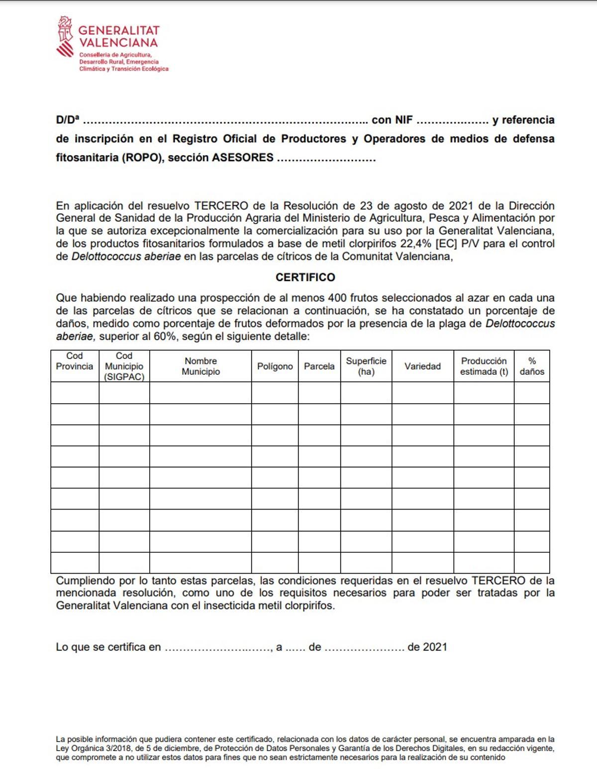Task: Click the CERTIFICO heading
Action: click(305, 277)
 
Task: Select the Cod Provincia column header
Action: click(75, 361)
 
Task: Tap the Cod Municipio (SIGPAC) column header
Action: click(124, 366)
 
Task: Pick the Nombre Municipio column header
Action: click(200, 366)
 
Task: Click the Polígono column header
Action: click(275, 366)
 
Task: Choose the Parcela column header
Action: click(319, 366)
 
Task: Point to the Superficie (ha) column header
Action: click(366, 366)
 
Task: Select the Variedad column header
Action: click(422, 366)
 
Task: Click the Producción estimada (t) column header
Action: click(484, 366)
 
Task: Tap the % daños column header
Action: click(531, 366)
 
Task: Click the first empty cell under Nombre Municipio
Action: click(200, 393)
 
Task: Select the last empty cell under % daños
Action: click(531, 563)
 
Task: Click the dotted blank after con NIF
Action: click(452, 120)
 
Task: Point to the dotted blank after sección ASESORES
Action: click(326, 158)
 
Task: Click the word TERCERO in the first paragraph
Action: click(221, 206)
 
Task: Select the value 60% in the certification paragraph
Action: click(164, 337)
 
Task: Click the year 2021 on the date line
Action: click(435, 647)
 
